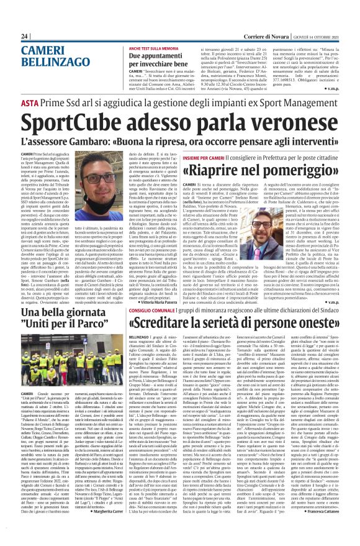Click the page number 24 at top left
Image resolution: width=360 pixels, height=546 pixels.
click(25, 36)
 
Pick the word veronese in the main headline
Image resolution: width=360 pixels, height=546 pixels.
click(271, 124)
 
